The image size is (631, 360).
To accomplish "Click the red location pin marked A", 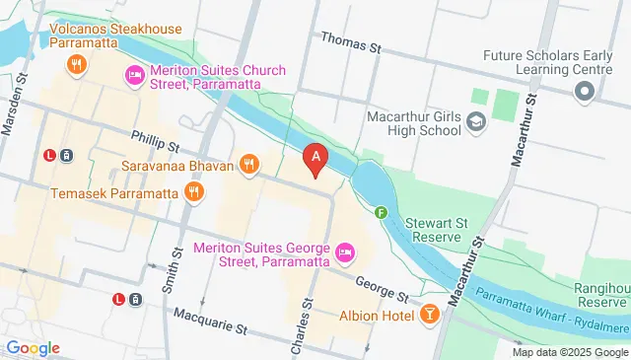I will pyautogui.click(x=315, y=157).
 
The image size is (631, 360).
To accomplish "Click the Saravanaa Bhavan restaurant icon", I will pyautogui.click(x=249, y=165).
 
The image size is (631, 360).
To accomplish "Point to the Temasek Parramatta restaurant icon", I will pyautogui.click(x=193, y=191).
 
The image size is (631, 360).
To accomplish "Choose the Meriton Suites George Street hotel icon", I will pyautogui.click(x=344, y=252).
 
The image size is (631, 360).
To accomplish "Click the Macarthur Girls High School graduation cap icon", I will pyautogui.click(x=477, y=122).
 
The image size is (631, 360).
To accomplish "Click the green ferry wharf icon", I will pyautogui.click(x=381, y=210).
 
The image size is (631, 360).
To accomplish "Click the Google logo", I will pyautogui.click(x=33, y=348).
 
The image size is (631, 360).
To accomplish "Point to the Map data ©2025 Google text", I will pyautogui.click(x=569, y=352).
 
